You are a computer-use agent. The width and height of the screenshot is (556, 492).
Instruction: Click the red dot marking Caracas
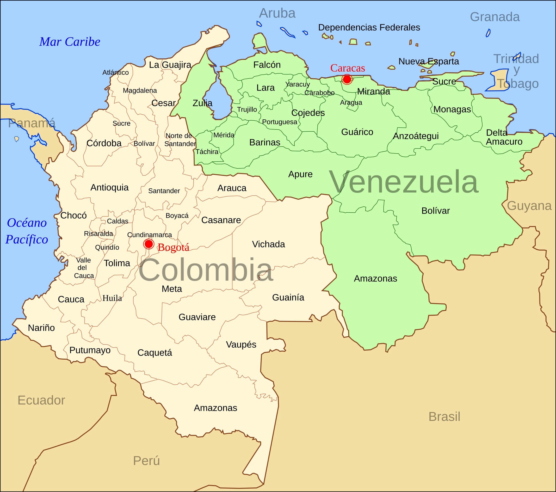[x=347, y=79]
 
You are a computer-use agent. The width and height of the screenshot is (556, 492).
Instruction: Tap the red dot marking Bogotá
[x=148, y=244]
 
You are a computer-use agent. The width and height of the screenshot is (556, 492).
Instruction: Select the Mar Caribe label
[x=70, y=42]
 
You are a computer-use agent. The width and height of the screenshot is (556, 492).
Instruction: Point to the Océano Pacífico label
[x=27, y=231]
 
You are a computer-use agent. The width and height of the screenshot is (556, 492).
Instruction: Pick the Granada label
[x=494, y=17]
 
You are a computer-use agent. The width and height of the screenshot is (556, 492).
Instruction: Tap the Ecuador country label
[x=41, y=400]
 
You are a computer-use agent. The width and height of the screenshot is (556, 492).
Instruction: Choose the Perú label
[x=146, y=461]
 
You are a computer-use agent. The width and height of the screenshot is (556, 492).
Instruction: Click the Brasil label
[x=444, y=416]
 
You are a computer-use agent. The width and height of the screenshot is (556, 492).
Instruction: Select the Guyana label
[x=529, y=206]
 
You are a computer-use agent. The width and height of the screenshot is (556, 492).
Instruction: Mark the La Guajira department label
[x=170, y=65]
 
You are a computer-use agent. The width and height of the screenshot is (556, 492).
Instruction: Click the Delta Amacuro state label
[x=504, y=137]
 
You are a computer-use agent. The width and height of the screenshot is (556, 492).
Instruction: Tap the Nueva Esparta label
[x=428, y=61]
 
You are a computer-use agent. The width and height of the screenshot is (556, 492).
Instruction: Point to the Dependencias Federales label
[x=369, y=27]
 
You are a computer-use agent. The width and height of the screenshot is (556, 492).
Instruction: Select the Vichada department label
[x=268, y=244]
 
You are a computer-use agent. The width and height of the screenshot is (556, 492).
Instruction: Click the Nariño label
[x=41, y=328]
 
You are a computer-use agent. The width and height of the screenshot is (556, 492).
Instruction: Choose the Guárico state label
[x=357, y=132]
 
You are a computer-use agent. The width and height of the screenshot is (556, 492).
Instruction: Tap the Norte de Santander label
[x=180, y=140]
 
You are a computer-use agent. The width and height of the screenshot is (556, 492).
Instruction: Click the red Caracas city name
[x=347, y=68]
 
